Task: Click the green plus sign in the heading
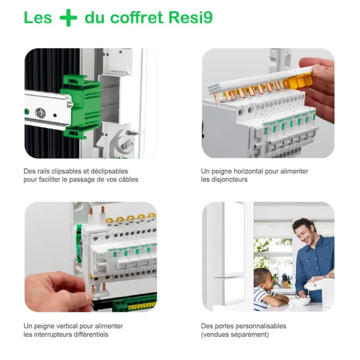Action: (x=68, y=18)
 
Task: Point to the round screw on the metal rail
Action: (x=40, y=113)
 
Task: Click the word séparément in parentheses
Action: (x=249, y=334)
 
